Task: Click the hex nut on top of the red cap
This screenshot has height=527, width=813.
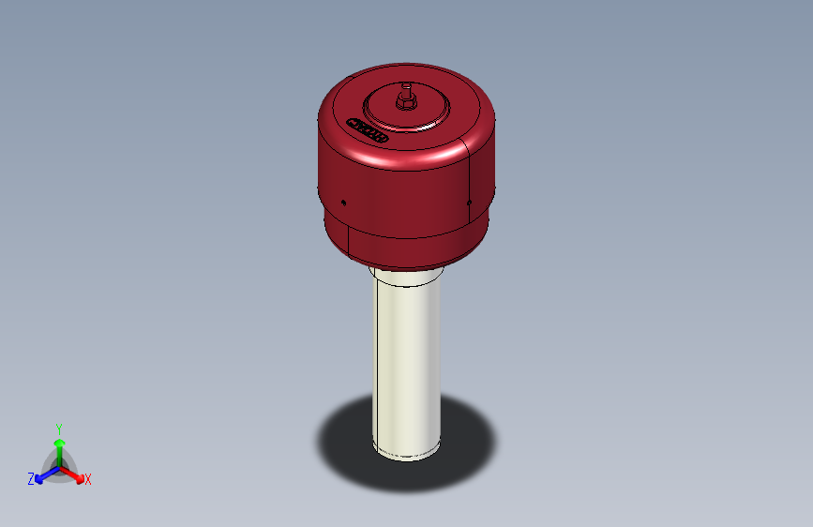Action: [407, 100]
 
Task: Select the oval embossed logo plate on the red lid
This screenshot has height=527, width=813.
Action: [369, 129]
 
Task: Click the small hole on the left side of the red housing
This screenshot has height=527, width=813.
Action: [344, 201]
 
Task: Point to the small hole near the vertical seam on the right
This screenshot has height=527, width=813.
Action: [468, 201]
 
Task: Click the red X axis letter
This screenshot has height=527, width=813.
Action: [88, 479]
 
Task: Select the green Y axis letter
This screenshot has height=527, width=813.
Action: [58, 427]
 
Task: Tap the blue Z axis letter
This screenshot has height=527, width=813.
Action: [31, 478]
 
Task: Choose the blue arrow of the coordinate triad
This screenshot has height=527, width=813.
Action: [43, 474]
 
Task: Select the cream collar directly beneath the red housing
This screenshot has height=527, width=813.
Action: [405, 276]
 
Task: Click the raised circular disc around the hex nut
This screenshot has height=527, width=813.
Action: [427, 113]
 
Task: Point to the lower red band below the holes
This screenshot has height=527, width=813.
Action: [413, 246]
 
